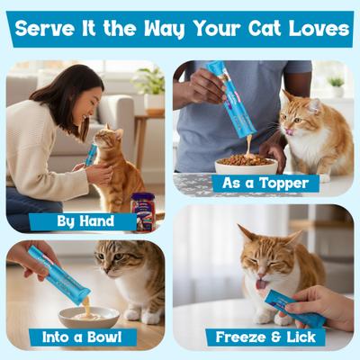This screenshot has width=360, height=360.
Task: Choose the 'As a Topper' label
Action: [265, 184]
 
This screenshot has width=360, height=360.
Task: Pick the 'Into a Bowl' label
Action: [82, 337]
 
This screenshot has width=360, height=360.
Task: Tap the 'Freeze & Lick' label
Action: [265, 337]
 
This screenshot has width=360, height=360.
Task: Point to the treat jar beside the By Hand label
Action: [142, 211]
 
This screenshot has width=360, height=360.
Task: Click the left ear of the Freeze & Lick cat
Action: [246, 233]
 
